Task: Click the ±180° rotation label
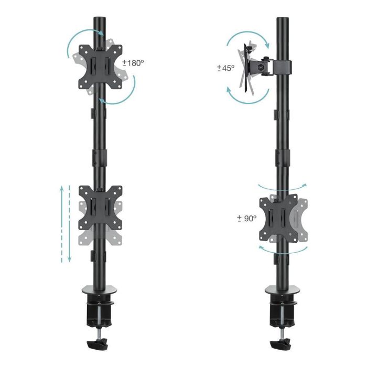pyautogui.click(x=133, y=63)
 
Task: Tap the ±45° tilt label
pyautogui.click(x=226, y=68)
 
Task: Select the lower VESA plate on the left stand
pyautogui.click(x=100, y=208)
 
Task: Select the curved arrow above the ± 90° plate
pyautogui.click(x=283, y=187)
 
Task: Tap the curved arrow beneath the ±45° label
pyautogui.click(x=246, y=98)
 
